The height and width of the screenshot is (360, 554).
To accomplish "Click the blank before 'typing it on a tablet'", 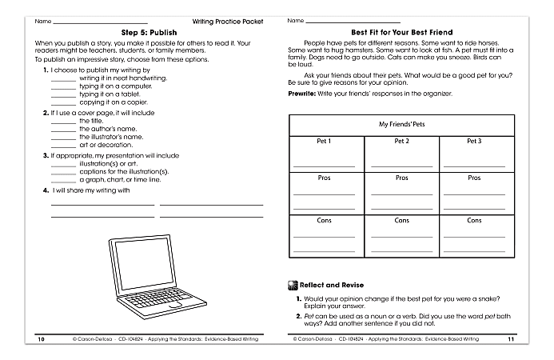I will [63, 94].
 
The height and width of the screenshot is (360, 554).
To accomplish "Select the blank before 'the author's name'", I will [63, 129].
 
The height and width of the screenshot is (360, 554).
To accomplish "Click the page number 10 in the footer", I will [41, 340].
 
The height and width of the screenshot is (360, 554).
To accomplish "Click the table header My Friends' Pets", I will [401, 125].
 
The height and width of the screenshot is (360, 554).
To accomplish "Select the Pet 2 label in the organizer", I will [401, 141].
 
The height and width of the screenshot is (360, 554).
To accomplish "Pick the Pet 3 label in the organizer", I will [474, 141].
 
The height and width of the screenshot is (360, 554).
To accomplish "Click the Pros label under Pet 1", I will [325, 178].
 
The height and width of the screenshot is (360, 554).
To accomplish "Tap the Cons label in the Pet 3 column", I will [474, 220].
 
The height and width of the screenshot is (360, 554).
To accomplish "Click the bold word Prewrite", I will [305, 94].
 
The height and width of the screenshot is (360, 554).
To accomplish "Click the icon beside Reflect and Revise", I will [292, 285].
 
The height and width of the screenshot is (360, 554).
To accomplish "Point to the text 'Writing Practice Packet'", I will [229, 21].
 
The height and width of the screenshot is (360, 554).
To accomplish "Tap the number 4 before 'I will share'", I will [45, 190].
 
